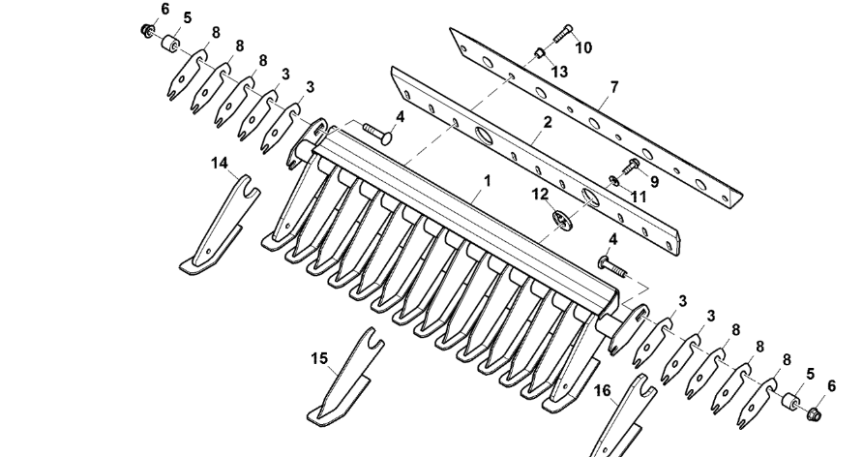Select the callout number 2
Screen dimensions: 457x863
point(547,123)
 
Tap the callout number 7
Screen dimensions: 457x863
point(612,87)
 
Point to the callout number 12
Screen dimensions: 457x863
point(540,194)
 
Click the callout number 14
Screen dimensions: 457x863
point(221,164)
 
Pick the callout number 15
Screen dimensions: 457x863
point(318,358)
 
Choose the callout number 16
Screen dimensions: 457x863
point(603,390)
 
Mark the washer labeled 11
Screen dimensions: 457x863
point(614,179)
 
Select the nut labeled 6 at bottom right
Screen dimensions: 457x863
point(814,414)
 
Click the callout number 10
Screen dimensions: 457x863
point(583,46)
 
